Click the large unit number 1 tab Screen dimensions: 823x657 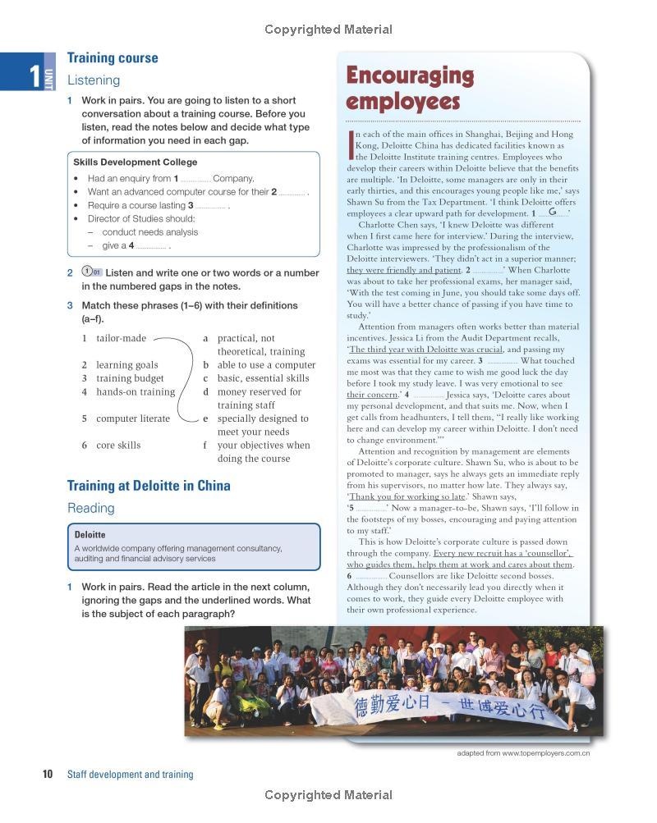click(34, 75)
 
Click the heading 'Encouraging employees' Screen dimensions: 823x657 click(410, 89)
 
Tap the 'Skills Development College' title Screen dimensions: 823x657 click(135, 162)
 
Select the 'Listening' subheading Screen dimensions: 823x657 click(94, 80)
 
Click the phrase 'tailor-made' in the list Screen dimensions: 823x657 click(121, 338)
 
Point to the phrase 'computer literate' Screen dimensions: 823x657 click(133, 418)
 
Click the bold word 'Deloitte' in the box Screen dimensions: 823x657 click(90, 535)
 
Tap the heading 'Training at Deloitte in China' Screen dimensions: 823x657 click(149, 486)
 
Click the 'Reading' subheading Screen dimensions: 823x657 click(91, 508)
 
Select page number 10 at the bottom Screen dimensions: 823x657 click(47, 775)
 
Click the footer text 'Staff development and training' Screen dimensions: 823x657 click(130, 775)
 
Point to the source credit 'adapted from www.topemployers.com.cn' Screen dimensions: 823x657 click(523, 753)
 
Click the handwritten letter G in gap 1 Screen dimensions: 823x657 click(553, 212)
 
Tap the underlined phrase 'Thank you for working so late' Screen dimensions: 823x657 click(407, 496)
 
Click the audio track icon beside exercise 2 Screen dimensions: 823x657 click(91, 272)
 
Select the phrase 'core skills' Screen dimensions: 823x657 click(118, 446)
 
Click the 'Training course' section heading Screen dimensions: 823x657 click(113, 58)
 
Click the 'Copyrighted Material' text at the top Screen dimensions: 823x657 click(328, 30)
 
